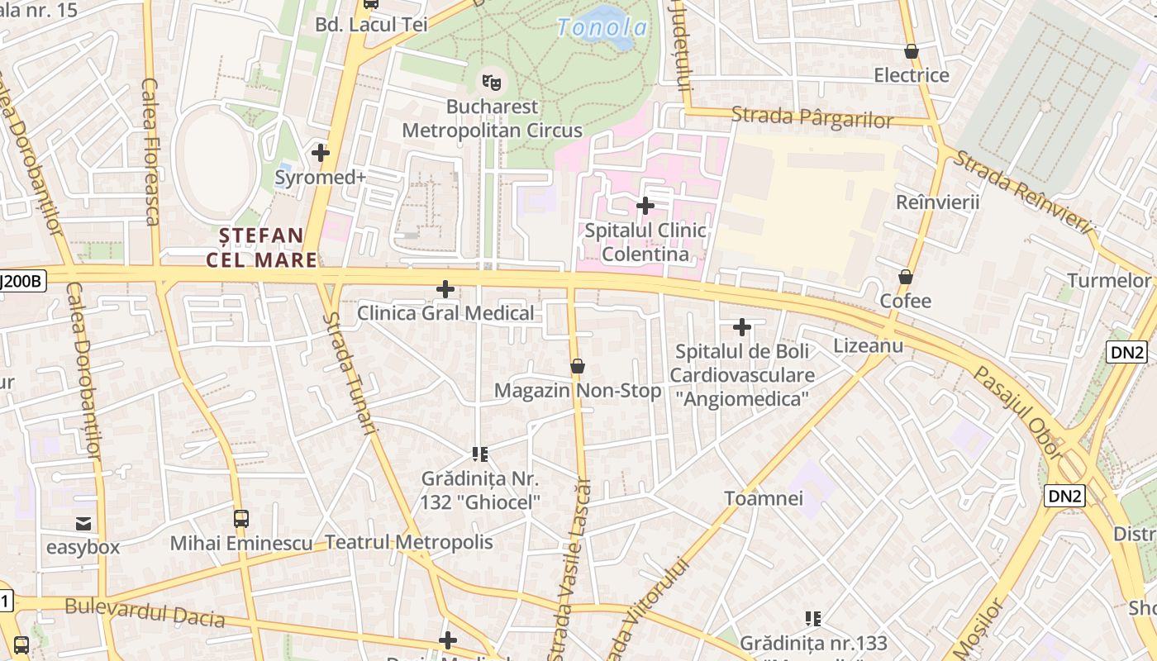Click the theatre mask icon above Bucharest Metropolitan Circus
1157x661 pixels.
tap(492, 82)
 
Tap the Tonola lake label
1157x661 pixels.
tap(602, 28)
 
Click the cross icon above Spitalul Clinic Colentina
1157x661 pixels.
tap(645, 205)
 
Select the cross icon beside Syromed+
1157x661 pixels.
tap(321, 153)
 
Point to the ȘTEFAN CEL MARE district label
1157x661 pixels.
tap(261, 248)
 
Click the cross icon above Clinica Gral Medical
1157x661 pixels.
tap(445, 289)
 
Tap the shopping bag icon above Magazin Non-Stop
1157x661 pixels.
tap(578, 365)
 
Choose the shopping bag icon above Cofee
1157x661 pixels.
tap(906, 277)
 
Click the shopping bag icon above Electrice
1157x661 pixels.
tap(912, 51)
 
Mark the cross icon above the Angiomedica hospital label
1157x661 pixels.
tap(742, 327)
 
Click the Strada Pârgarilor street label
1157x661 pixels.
tap(812, 117)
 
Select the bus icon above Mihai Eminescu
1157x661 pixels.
tap(240, 519)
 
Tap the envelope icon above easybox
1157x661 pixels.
tap(83, 523)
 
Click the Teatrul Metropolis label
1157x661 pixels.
tap(409, 542)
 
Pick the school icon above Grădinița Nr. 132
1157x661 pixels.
tap(480, 454)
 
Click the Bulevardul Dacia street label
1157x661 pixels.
tap(145, 612)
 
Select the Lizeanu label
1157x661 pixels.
tap(868, 345)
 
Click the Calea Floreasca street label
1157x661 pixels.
tap(150, 150)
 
